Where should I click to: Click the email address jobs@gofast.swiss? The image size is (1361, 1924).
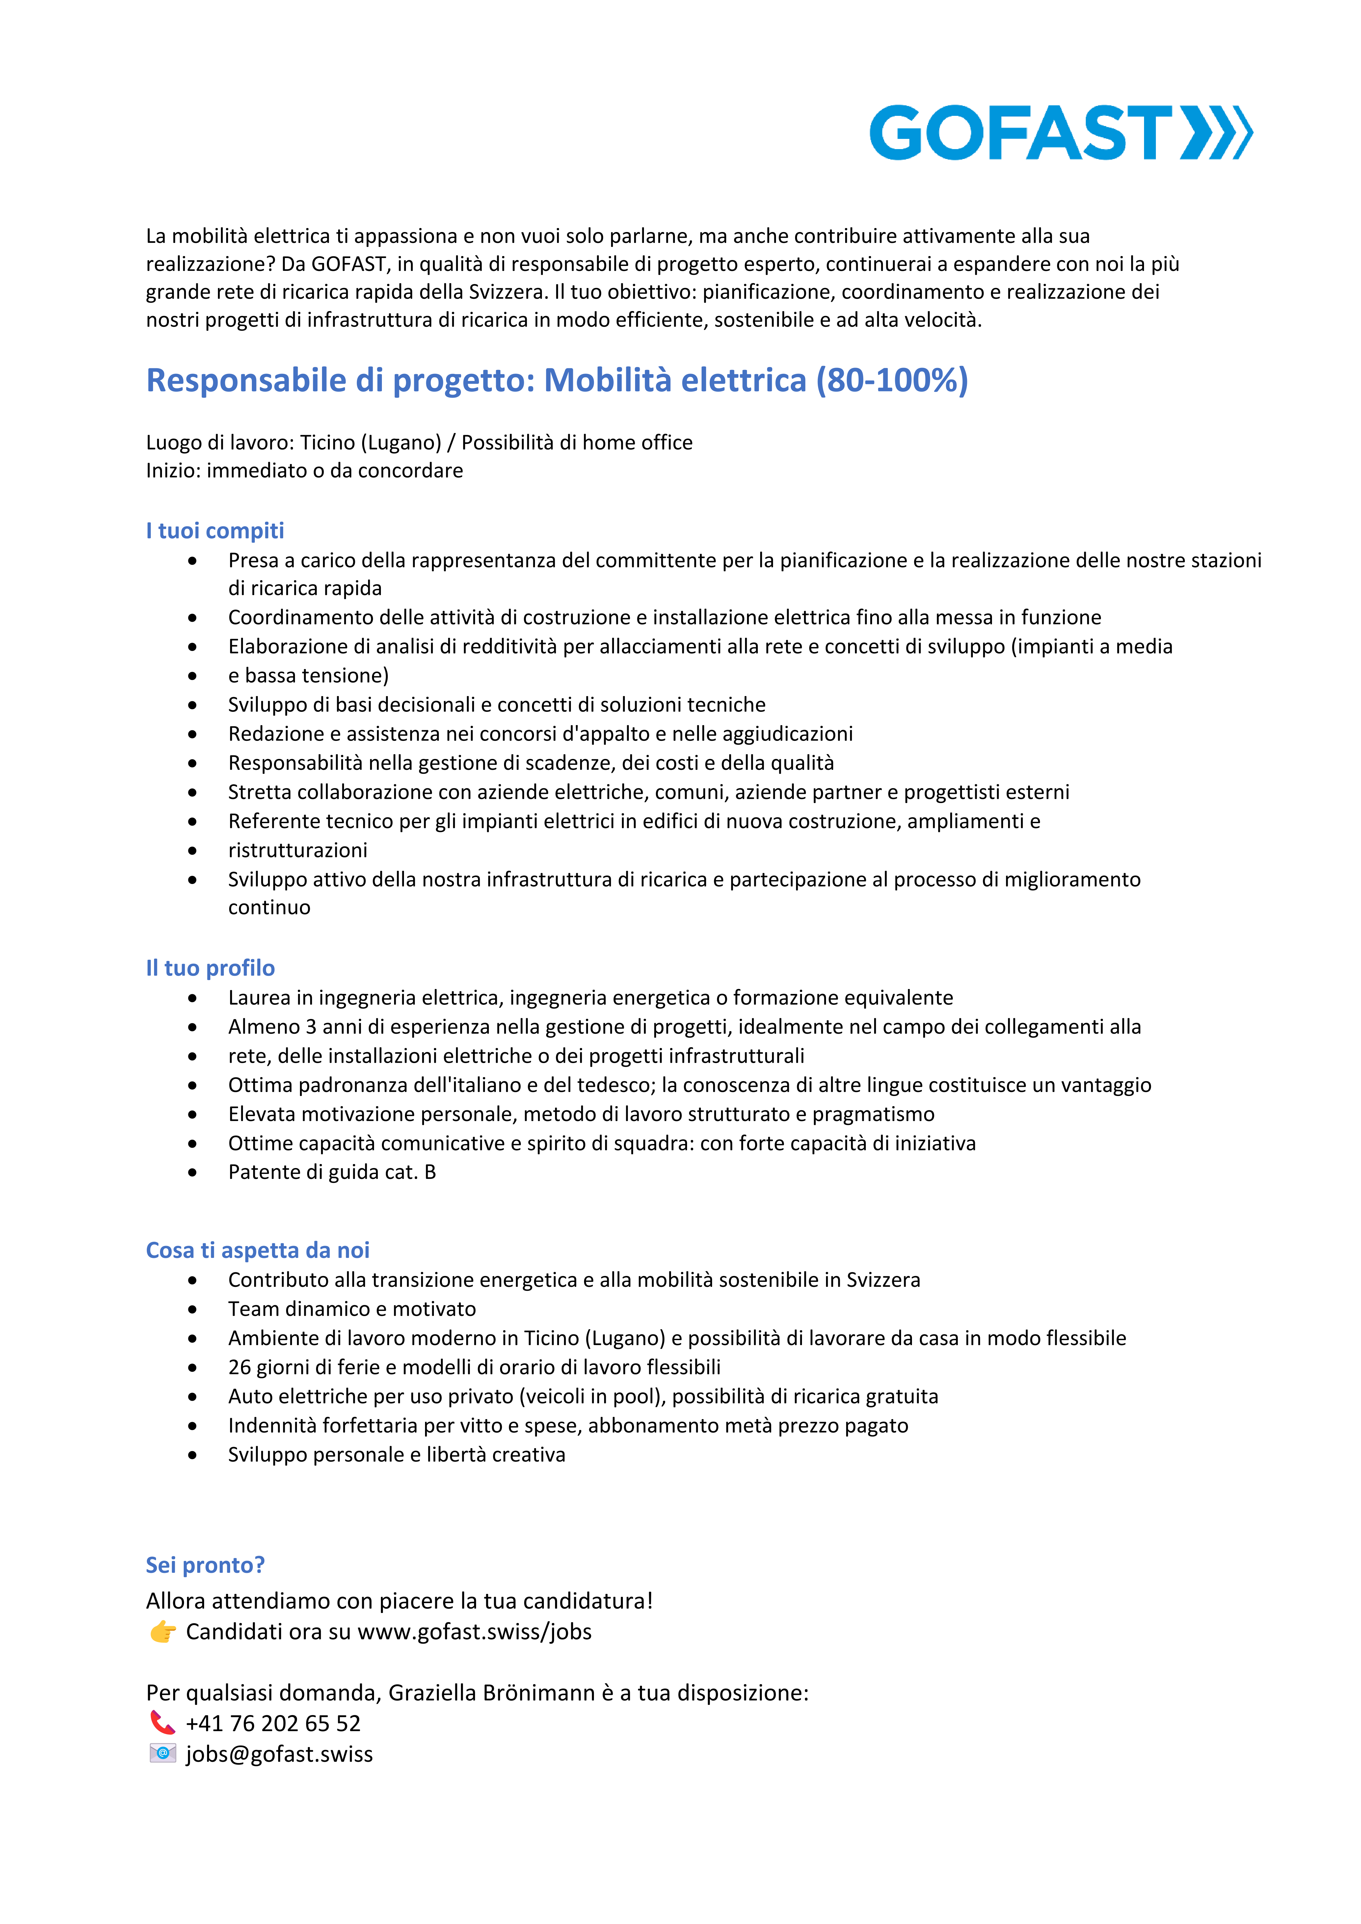click(279, 1754)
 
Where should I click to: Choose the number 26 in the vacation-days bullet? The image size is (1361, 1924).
click(240, 1367)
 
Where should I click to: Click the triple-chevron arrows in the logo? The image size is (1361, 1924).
click(1217, 132)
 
